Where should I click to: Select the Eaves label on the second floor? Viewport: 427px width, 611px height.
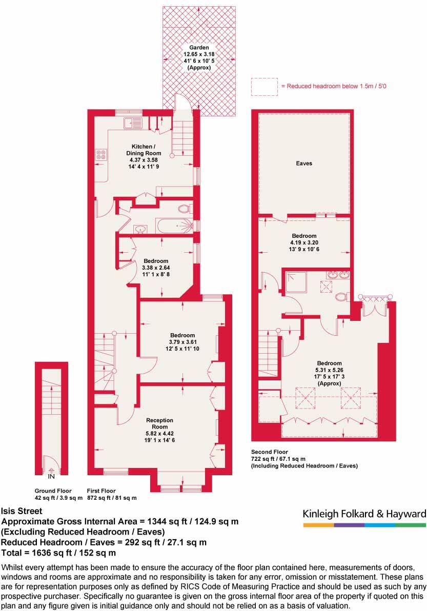click(x=304, y=164)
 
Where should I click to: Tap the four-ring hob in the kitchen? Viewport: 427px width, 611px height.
click(x=100, y=154)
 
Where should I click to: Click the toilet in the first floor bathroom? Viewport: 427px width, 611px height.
click(x=184, y=208)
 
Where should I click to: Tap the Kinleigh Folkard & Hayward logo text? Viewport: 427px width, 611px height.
click(x=364, y=514)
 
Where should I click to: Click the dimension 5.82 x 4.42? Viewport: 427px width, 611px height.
click(x=160, y=433)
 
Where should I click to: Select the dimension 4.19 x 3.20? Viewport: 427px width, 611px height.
click(x=304, y=242)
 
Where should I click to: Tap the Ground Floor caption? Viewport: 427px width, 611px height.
click(x=53, y=491)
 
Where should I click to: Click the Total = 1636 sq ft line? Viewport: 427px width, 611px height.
click(x=59, y=553)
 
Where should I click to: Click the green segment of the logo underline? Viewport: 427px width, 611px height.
click(x=411, y=525)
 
